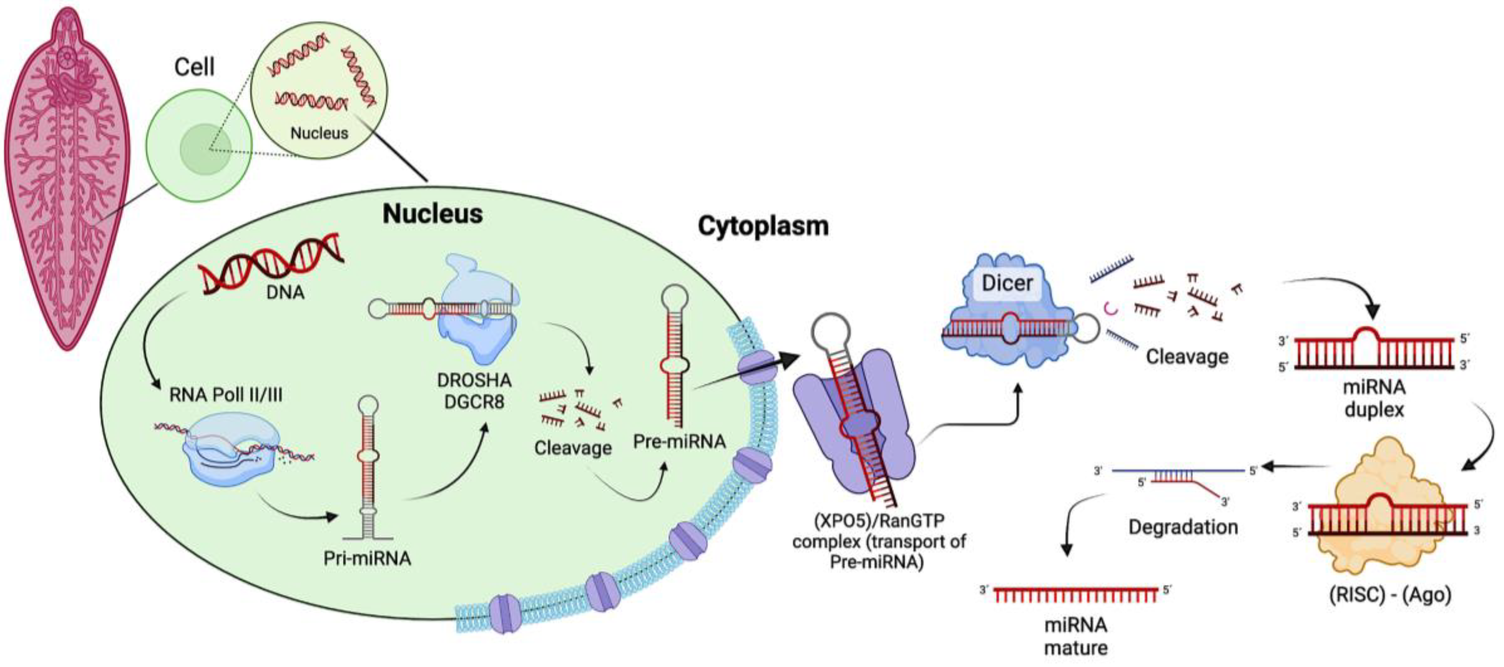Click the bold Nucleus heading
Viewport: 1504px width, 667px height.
click(x=433, y=214)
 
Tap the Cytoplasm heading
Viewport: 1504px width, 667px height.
click(x=763, y=226)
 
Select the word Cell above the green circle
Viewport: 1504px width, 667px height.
click(x=194, y=67)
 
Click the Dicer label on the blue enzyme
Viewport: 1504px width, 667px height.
click(x=1007, y=283)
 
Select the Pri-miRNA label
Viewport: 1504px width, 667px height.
click(x=367, y=559)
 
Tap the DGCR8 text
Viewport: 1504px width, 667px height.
click(x=474, y=402)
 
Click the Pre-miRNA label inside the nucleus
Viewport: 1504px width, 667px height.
click(x=679, y=442)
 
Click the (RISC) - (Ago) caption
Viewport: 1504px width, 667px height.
click(x=1390, y=595)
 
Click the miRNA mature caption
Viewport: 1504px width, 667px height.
click(x=1075, y=636)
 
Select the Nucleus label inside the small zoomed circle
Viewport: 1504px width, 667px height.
click(x=319, y=133)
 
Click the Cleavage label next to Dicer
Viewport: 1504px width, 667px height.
click(x=1187, y=357)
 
